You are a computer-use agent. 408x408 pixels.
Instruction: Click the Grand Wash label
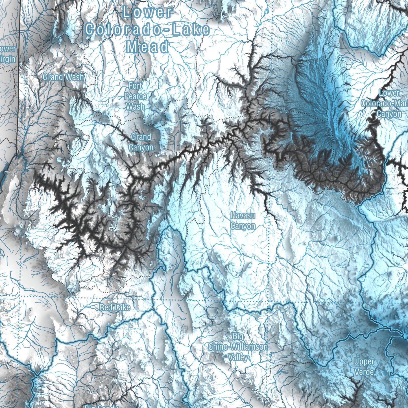click(x=63, y=77)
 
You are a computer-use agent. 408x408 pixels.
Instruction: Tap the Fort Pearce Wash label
click(x=136, y=96)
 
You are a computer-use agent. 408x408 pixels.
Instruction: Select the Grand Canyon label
click(x=141, y=142)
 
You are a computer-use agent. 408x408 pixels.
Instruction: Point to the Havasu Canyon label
click(x=243, y=221)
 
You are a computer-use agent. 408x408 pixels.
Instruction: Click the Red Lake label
click(x=115, y=307)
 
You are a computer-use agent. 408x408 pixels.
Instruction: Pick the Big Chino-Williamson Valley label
click(x=238, y=347)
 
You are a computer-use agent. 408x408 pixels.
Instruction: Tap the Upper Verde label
click(x=364, y=367)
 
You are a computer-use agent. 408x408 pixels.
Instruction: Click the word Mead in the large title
click(x=147, y=47)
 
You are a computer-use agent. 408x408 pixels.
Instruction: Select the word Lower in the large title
click(x=148, y=12)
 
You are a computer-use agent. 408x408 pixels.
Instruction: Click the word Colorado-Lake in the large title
click(x=147, y=30)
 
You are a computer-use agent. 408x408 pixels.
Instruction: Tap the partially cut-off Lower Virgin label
click(x=8, y=54)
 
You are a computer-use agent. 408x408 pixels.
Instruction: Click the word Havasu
click(x=243, y=215)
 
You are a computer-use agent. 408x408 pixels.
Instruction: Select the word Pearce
click(x=136, y=96)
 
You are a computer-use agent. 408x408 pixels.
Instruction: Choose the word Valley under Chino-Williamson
click(x=238, y=357)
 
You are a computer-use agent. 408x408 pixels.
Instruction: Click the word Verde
click(x=364, y=372)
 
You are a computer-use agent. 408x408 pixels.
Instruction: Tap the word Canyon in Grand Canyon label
click(x=141, y=147)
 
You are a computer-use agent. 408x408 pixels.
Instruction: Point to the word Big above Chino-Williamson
click(x=238, y=336)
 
